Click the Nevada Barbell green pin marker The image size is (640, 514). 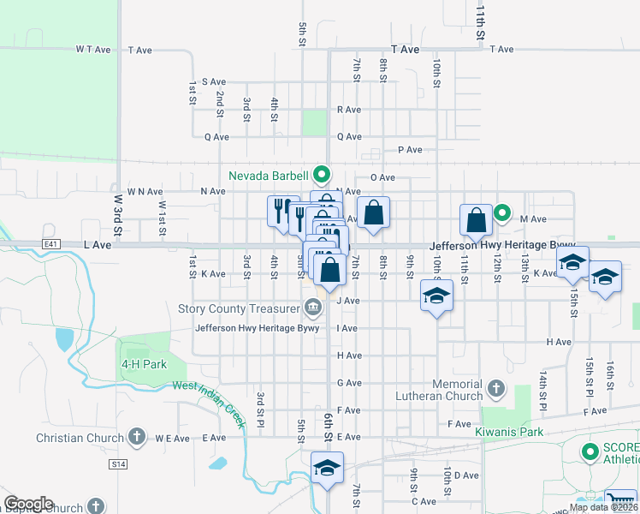tap(322, 176)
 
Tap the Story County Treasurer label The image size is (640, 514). tap(237, 308)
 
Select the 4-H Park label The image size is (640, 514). tap(143, 363)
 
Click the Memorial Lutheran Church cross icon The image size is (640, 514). tap(495, 390)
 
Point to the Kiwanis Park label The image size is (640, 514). tap(510, 432)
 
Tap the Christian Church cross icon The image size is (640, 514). tap(136, 438)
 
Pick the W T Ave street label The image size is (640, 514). tap(94, 50)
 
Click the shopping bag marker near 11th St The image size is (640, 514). tap(477, 221)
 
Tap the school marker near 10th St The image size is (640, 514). tap(436, 296)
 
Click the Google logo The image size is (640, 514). tap(28, 504)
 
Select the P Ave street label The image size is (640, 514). tap(411, 150)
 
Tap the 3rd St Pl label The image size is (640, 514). tap(258, 411)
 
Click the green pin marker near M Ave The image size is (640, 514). tap(502, 213)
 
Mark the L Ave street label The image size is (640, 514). tap(98, 245)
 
